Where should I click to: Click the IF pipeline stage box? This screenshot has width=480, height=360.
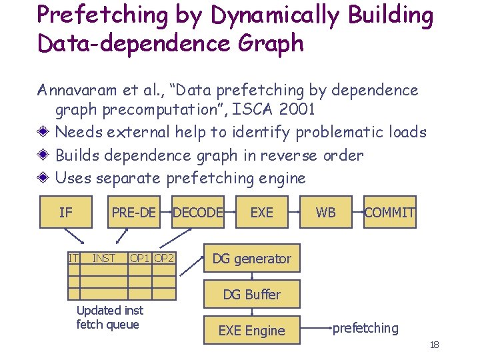[x=65, y=212]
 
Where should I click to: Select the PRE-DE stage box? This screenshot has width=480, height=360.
[x=133, y=212]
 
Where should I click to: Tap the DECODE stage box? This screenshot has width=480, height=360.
[x=198, y=212]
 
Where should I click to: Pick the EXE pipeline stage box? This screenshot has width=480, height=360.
[x=261, y=212]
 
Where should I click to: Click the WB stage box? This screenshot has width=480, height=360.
[x=325, y=212]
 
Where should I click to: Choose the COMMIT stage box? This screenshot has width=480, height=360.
[x=389, y=212]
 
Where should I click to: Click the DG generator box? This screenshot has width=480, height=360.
[x=251, y=259]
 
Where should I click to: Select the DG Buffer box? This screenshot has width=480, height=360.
[x=251, y=295]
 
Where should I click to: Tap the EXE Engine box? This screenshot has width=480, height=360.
[x=251, y=330]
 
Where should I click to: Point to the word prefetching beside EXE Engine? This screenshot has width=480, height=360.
[x=365, y=328]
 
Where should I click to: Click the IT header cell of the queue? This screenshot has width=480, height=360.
[x=73, y=258]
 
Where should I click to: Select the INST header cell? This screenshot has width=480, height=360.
[x=103, y=258]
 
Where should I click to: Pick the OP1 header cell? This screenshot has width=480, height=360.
[x=140, y=258]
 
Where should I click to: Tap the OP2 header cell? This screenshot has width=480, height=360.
[x=164, y=258]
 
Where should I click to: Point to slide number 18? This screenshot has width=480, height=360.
[x=434, y=344]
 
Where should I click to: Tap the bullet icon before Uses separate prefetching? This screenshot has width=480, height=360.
[x=45, y=178]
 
